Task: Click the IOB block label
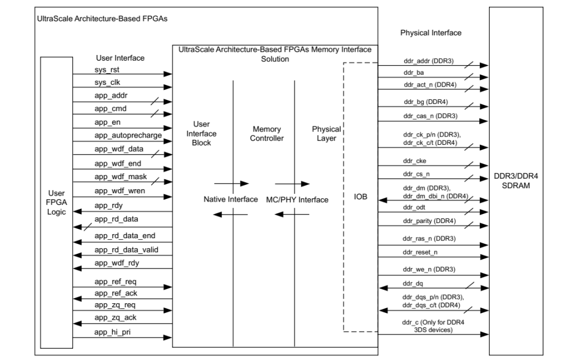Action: (361, 198)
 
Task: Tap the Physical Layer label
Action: (326, 133)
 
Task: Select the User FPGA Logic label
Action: (56, 201)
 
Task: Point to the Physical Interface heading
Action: (430, 33)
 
